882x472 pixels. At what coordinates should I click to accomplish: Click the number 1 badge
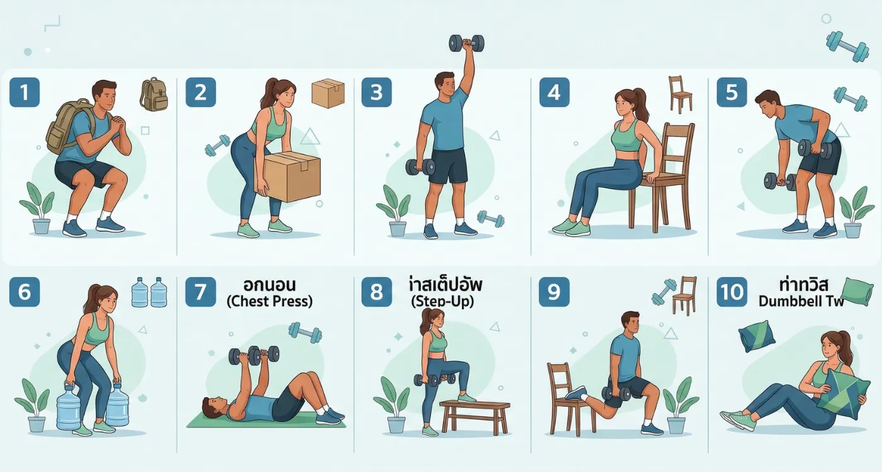tap(25, 93)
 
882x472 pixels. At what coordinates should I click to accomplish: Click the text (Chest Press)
tap(269, 301)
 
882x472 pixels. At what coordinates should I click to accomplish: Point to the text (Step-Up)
tap(442, 301)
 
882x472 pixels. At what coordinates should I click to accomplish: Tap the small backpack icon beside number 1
tap(154, 94)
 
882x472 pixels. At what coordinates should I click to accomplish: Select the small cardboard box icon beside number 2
tap(328, 93)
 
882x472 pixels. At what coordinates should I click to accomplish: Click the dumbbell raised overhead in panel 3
tap(467, 43)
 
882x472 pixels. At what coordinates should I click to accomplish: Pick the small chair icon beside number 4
tap(679, 94)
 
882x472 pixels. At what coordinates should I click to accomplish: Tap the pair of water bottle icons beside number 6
tap(149, 293)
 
